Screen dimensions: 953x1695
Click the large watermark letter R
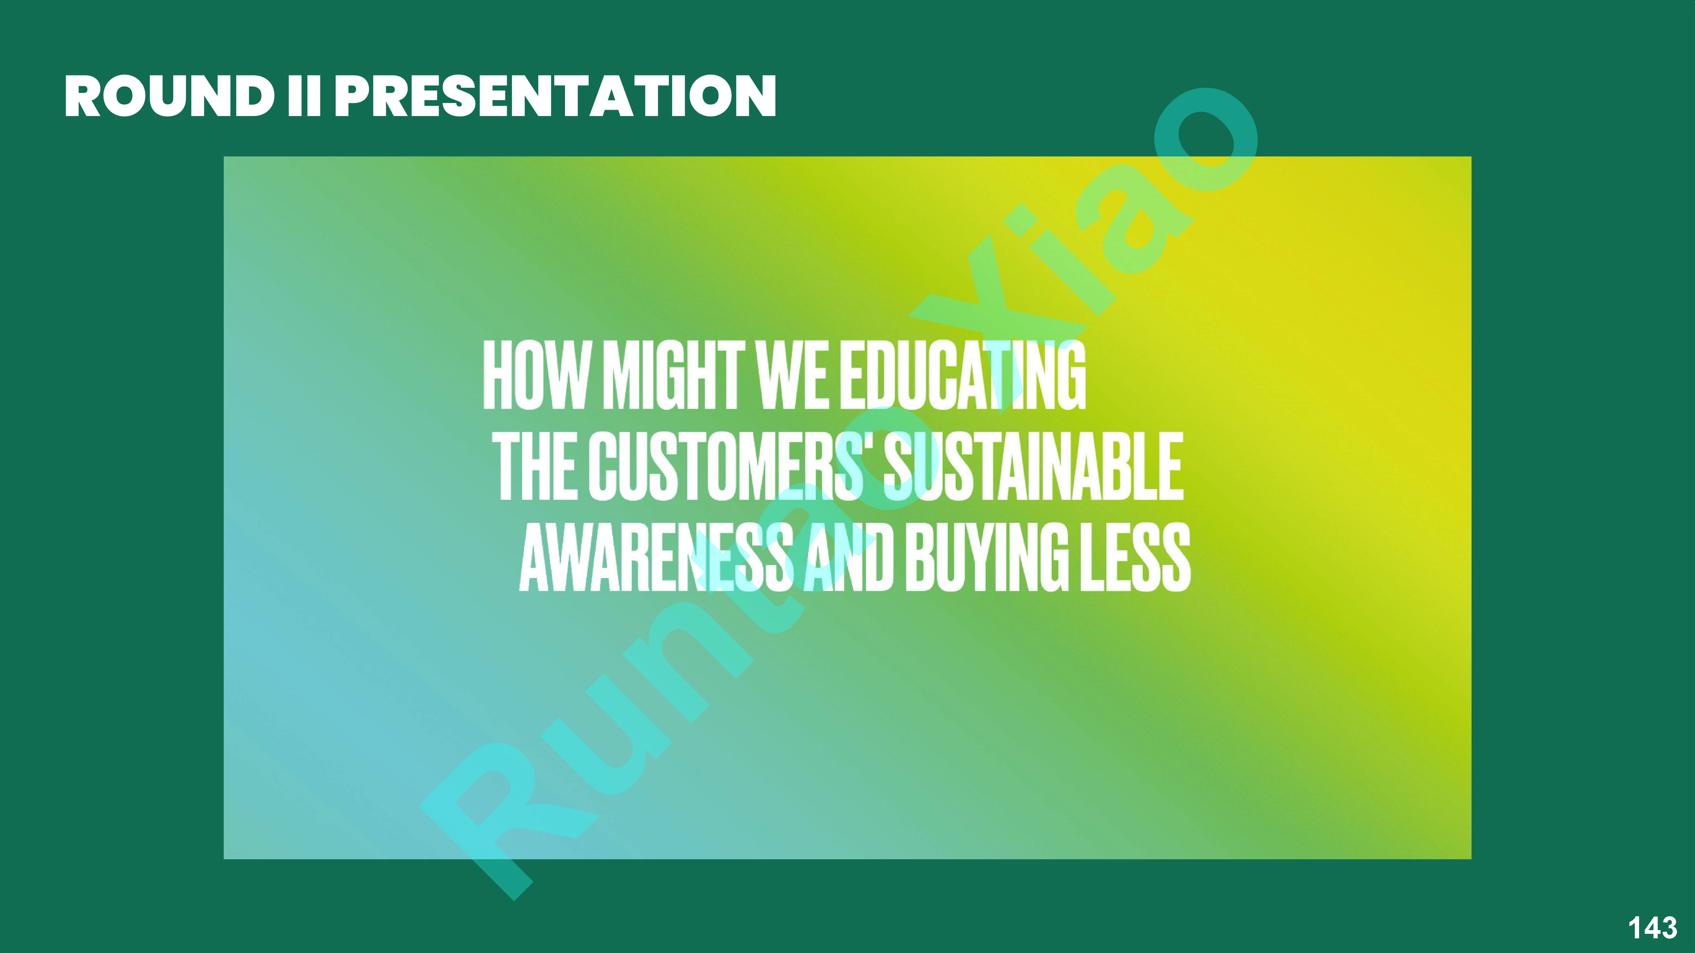pos(500,815)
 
